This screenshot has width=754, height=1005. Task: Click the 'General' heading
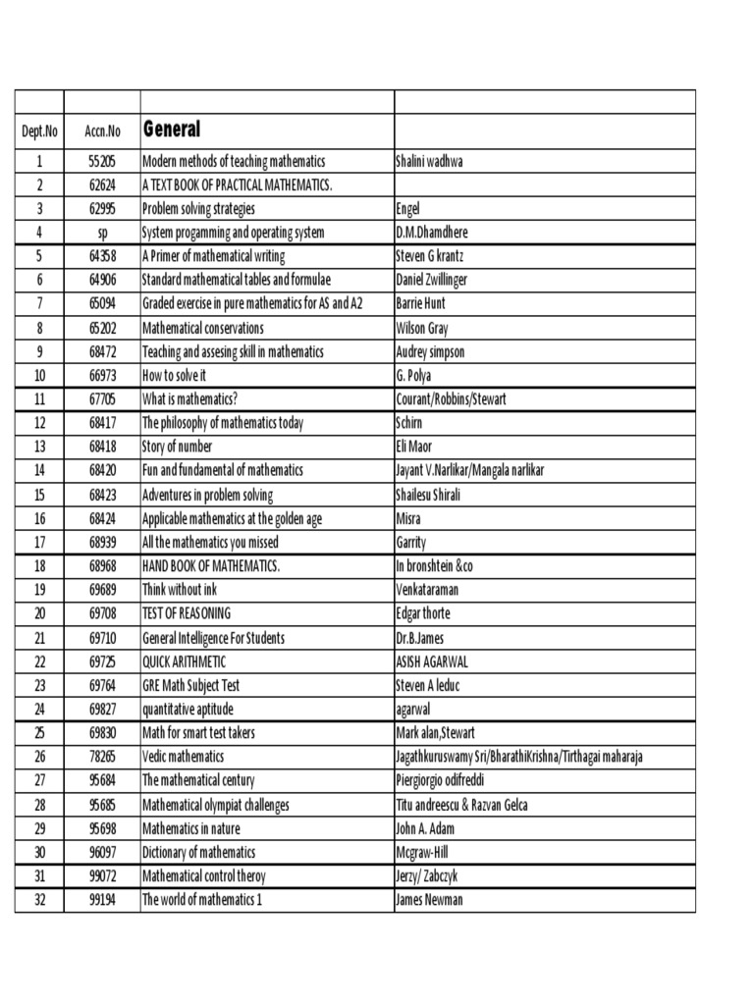[x=172, y=130]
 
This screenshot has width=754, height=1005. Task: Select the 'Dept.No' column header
[x=39, y=132]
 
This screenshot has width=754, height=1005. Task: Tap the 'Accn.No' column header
[x=102, y=132]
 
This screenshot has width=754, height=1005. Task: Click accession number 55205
[x=102, y=161]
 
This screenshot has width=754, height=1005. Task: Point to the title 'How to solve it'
[x=175, y=376]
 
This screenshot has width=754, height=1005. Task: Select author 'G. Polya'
[x=413, y=376]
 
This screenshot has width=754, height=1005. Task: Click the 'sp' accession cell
[x=102, y=233]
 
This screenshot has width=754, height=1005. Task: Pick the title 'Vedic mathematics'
[x=184, y=757]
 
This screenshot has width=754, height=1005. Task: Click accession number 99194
[x=102, y=900]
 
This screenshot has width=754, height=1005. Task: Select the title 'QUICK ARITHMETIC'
[x=185, y=661]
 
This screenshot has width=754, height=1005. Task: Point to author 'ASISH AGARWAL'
[x=432, y=661]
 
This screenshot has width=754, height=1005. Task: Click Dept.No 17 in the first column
[x=39, y=543]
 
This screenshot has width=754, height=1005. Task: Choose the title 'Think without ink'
[x=180, y=590]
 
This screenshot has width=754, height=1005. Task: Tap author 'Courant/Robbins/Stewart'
[x=452, y=399]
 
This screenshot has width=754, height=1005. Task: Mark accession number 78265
[x=102, y=757]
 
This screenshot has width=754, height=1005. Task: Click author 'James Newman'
[x=429, y=900]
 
